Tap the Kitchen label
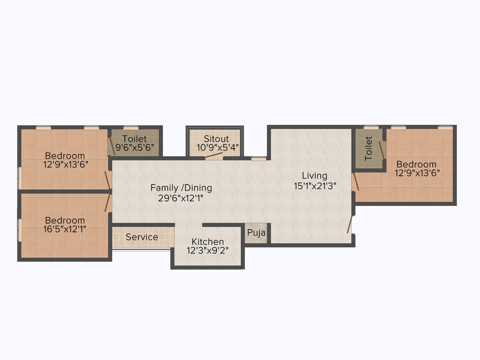point(208,242)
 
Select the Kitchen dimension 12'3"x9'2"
point(208,250)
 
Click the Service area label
point(142,237)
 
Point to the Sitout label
point(216,139)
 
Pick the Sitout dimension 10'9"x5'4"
point(216,147)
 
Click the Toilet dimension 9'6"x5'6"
point(135,147)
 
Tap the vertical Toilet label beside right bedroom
point(368,148)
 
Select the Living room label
point(315,176)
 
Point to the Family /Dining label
point(181,188)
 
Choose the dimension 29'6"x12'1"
point(181,197)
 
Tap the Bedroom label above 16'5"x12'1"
point(65,220)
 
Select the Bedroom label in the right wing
point(416,165)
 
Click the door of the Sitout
point(214,156)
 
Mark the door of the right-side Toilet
point(382,150)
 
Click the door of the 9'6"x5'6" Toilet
point(112,146)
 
